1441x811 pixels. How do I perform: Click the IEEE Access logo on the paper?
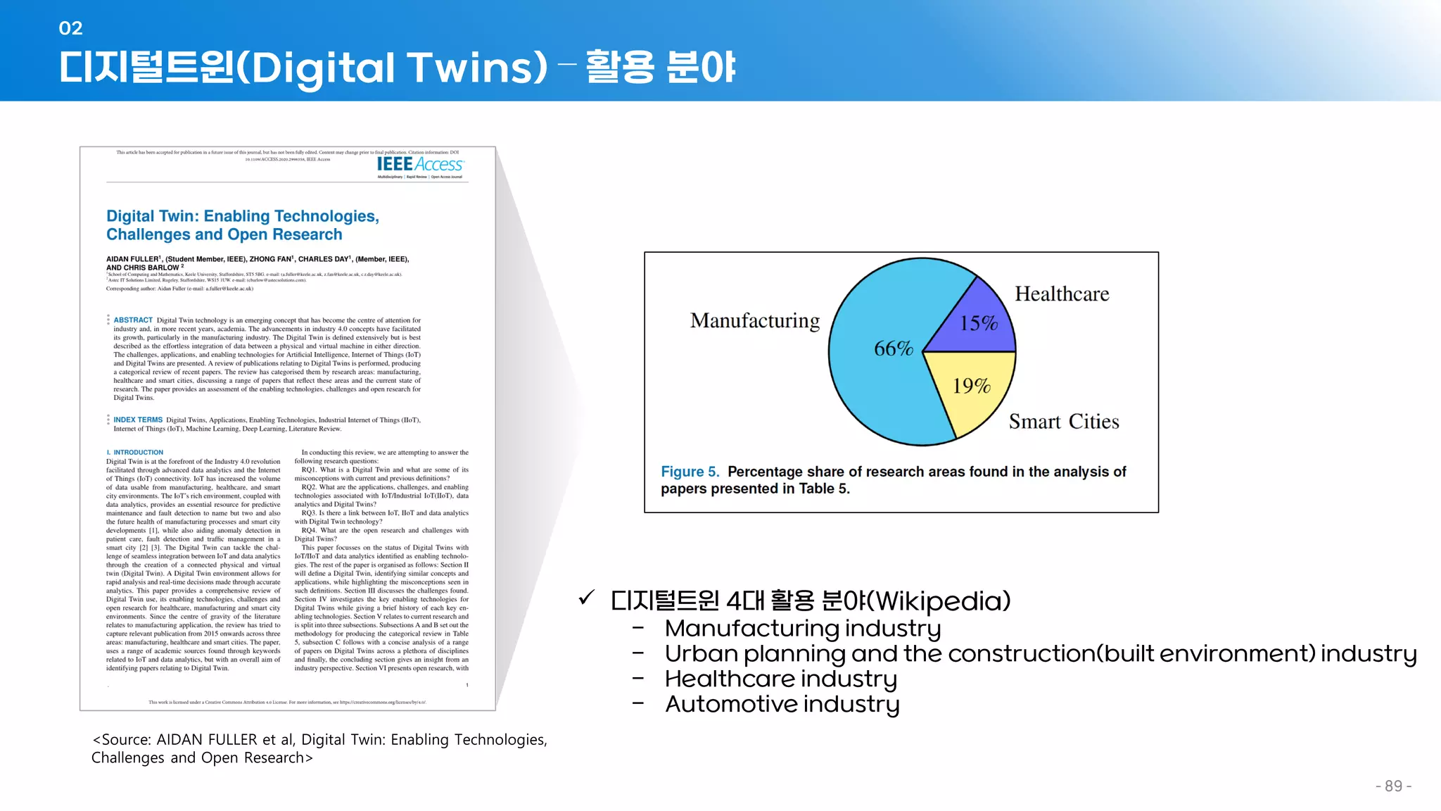pyautogui.click(x=420, y=165)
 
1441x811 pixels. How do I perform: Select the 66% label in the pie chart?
pyautogui.click(x=893, y=348)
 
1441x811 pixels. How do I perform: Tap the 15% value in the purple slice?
pyautogui.click(x=979, y=323)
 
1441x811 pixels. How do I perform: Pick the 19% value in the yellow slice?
pyautogui.click(x=971, y=386)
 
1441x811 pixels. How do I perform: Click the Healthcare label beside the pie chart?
pyautogui.click(x=1061, y=294)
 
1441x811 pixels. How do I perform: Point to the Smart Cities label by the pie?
pyautogui.click(x=1063, y=422)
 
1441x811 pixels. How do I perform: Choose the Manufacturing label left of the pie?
pyautogui.click(x=755, y=321)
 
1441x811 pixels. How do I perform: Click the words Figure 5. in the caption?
pyautogui.click(x=690, y=472)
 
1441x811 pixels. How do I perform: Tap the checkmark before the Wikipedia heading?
pyautogui.click(x=586, y=598)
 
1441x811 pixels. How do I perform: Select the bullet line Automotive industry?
pyautogui.click(x=782, y=704)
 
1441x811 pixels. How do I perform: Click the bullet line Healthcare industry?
pyautogui.click(x=780, y=679)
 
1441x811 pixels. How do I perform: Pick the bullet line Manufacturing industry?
pyautogui.click(x=802, y=628)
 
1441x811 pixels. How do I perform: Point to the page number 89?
pyautogui.click(x=1393, y=786)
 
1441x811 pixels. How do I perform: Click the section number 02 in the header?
pyautogui.click(x=70, y=28)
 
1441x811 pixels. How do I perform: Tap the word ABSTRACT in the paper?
pyautogui.click(x=133, y=320)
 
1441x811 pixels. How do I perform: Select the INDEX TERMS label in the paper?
pyautogui.click(x=138, y=420)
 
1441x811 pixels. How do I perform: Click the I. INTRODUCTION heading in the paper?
pyautogui.click(x=135, y=453)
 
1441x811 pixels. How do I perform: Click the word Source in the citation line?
pyautogui.click(x=126, y=740)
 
